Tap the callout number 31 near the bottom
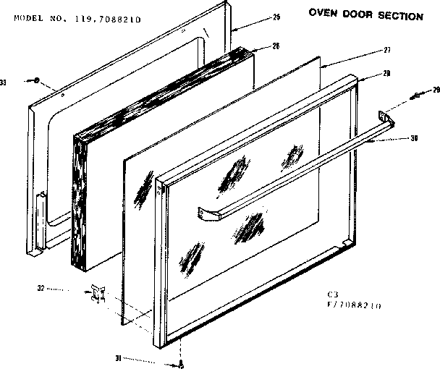coord(117,357)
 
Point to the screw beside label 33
coord(37,82)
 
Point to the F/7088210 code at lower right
coord(355,306)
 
